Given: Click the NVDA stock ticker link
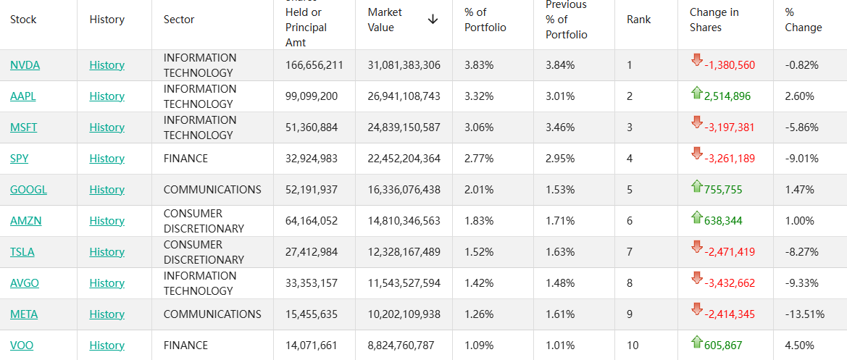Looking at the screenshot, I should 25,65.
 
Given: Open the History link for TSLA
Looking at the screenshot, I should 107,252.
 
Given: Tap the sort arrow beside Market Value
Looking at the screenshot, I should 433,20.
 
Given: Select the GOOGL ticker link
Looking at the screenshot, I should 28,190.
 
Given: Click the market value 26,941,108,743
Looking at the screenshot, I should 404,96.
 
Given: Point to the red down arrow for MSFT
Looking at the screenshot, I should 697,122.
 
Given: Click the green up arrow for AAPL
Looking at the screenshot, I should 697,92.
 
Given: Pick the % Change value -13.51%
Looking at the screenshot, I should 804,314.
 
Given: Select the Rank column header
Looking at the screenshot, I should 638,20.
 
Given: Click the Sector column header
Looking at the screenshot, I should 179,20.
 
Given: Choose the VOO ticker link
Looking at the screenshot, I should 22,346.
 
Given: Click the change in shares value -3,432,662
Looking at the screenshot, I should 730,283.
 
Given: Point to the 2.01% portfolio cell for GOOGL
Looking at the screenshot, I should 479,190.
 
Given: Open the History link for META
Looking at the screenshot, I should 107,314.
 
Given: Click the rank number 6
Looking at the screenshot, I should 630,221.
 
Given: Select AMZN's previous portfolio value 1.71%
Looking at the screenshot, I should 560,221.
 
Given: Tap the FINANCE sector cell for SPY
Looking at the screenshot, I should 185,159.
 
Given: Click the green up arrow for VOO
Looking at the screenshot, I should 697,341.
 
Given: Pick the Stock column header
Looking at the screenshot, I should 23,20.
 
